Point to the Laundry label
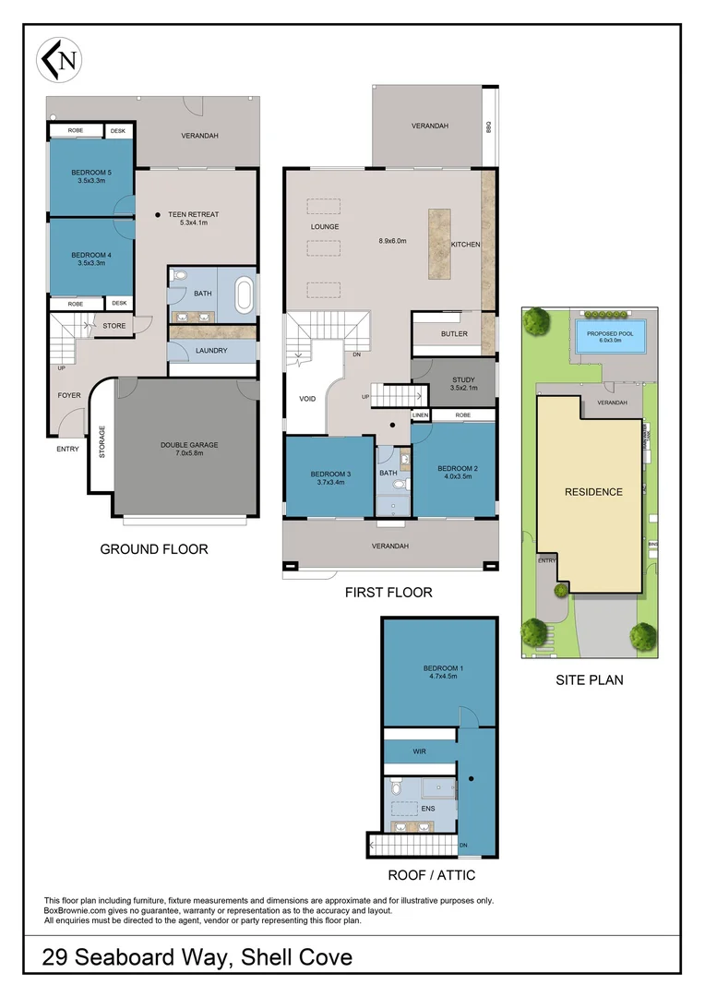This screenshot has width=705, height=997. coord(211,351)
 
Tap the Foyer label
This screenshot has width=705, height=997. coord(69,395)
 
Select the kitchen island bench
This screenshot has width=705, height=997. coord(439,245)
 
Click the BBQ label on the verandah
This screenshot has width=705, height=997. coord(489,127)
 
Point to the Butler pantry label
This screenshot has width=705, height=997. coord(454,334)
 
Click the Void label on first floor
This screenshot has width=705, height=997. coord(307,400)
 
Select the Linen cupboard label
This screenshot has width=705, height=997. coord(421,416)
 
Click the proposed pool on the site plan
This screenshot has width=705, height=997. coord(610,335)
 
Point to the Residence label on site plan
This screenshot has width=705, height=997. coord(593,492)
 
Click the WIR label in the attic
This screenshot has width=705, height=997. coord(419,752)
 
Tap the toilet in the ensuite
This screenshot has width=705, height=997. coord(396,787)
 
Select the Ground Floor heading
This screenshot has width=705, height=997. coord(153,549)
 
